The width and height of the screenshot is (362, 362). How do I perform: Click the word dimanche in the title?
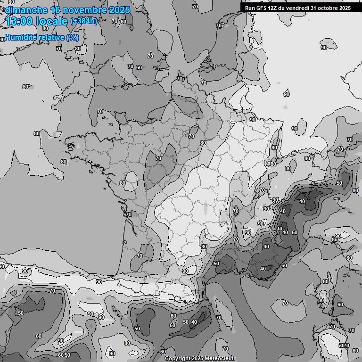[26, 10]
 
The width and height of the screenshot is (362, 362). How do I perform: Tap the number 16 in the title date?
[56, 10]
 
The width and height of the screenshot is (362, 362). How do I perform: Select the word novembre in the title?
[86, 10]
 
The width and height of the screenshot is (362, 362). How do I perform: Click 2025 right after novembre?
[119, 10]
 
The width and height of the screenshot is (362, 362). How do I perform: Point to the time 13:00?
[18, 21]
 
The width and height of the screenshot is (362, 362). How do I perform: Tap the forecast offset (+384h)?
[83, 21]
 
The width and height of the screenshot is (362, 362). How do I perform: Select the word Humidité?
[22, 38]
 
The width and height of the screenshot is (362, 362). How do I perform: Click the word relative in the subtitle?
[52, 38]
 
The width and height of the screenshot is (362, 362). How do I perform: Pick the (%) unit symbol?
[72, 38]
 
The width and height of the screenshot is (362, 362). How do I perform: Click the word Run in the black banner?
[250, 8]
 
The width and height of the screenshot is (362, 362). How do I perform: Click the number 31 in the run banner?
[314, 8]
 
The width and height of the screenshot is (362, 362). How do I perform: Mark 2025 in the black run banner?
[345, 8]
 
